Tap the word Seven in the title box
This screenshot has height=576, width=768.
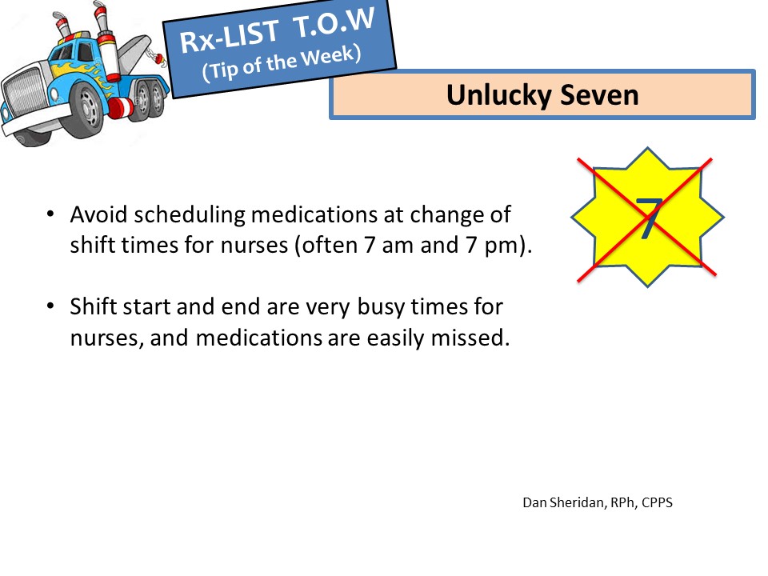point(599,94)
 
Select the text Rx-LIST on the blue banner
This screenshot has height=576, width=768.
point(230,36)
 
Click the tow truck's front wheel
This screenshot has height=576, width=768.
point(89,112)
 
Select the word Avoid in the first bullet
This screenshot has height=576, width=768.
point(98,214)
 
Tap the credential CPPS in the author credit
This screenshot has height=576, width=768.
point(657,502)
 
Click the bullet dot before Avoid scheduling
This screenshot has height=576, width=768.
point(50,214)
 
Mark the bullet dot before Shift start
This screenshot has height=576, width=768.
point(50,306)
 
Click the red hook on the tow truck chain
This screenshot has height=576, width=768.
point(160,58)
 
